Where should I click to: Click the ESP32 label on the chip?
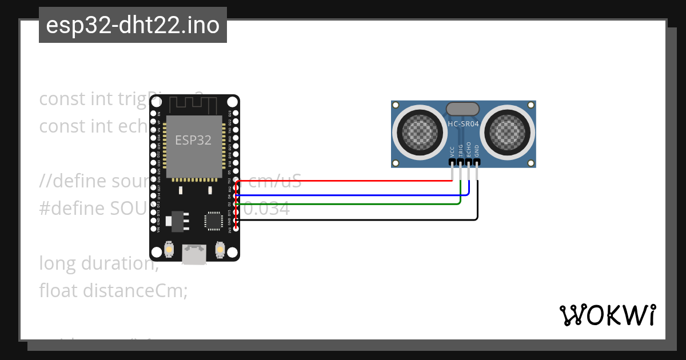pyautogui.click(x=193, y=140)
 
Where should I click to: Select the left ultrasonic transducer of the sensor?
pyautogui.click(x=418, y=131)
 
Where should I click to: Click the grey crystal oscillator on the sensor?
pyautogui.click(x=462, y=108)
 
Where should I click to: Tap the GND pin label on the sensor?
pyautogui.click(x=477, y=151)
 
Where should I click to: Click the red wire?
pyautogui.click(x=343, y=181)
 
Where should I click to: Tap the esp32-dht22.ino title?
pyautogui.click(x=133, y=25)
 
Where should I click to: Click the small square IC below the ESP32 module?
pyautogui.click(x=214, y=221)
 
